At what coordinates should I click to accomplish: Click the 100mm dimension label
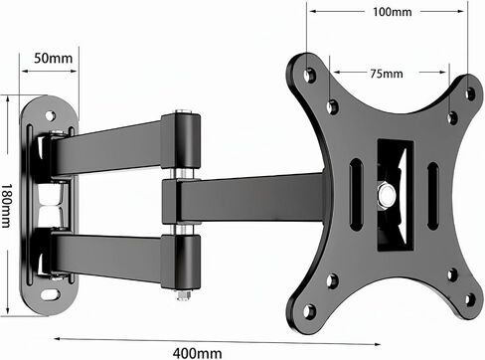tap(393, 12)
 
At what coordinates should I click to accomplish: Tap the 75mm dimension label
tap(387, 74)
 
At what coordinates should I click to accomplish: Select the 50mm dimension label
tap(53, 58)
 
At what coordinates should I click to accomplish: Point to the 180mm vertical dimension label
tap(6, 206)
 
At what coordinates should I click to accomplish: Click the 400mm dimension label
tap(198, 353)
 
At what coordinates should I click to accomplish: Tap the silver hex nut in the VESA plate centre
tap(387, 194)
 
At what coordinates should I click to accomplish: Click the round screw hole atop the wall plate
tap(50, 115)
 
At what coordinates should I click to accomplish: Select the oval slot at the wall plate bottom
tap(51, 294)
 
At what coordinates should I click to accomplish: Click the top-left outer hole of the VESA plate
tap(310, 75)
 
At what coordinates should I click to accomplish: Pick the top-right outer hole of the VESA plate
tap(470, 93)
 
